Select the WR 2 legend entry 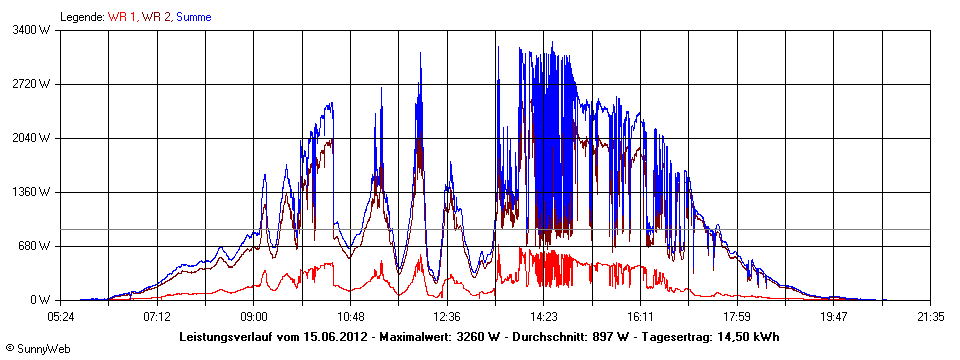click(156, 17)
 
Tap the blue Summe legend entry click(194, 17)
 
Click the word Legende click(82, 17)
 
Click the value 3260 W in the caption click(475, 337)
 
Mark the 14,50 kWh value click(748, 337)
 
